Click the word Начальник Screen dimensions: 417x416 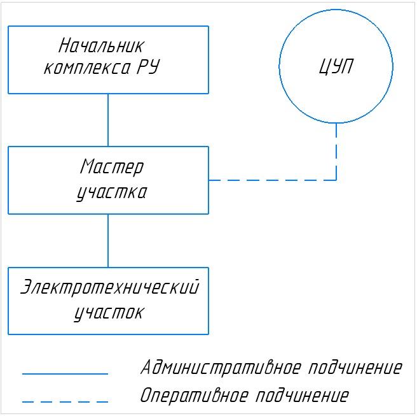coord(101,46)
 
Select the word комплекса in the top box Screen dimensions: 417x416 coord(87,68)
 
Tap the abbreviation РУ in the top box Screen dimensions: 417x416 coord(148,67)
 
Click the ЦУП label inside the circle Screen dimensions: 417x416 coord(336,67)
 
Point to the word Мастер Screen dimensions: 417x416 coord(112,167)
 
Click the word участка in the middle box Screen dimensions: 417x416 coord(112,192)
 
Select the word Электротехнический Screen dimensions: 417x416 coord(109,287)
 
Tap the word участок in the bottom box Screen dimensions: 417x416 coord(109,313)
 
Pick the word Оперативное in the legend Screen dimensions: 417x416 coord(194,396)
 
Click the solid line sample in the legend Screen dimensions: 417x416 coord(65,374)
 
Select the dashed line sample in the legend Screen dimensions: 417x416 coord(65,401)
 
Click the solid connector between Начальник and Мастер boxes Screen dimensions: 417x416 coord(108,120)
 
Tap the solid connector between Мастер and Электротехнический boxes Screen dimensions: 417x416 coord(108,241)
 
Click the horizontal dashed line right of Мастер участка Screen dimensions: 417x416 coord(273,180)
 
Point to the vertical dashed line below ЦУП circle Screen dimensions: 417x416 coord(336,152)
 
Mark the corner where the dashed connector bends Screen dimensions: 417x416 coord(336,180)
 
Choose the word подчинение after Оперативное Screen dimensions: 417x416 coord(302,396)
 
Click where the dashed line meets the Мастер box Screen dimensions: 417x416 coord(208,180)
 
